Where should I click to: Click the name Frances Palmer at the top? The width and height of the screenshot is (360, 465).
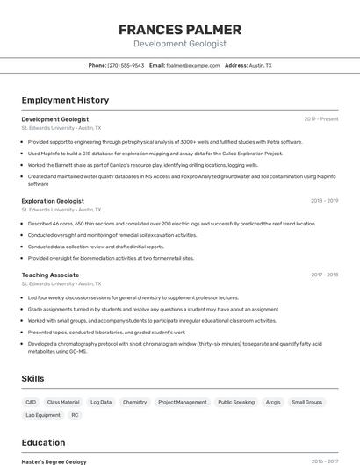(x=179, y=29)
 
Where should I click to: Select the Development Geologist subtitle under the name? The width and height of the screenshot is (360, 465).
(x=179, y=44)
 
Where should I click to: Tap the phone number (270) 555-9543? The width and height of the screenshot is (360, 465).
(x=126, y=65)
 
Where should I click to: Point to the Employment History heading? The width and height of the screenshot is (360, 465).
(x=65, y=100)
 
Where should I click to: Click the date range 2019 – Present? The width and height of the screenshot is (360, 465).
(x=321, y=118)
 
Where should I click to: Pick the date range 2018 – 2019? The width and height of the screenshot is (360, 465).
(x=324, y=201)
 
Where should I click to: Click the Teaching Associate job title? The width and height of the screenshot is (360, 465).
(x=50, y=275)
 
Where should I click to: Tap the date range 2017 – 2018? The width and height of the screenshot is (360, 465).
(x=324, y=275)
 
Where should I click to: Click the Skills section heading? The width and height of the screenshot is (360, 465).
(x=33, y=378)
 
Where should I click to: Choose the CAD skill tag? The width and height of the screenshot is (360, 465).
(x=31, y=402)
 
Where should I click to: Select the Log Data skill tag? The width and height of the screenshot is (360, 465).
(x=101, y=402)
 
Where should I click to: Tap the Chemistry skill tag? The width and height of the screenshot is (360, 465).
(x=134, y=402)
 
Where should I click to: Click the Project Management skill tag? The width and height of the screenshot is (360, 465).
(x=183, y=402)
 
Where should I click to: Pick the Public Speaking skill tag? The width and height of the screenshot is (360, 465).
(x=236, y=402)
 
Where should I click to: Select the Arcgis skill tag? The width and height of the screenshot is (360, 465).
(x=273, y=402)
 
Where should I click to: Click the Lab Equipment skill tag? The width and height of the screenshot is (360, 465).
(x=43, y=415)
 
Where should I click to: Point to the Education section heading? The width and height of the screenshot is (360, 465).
(x=43, y=442)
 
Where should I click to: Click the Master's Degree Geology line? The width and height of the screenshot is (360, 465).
(x=54, y=461)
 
